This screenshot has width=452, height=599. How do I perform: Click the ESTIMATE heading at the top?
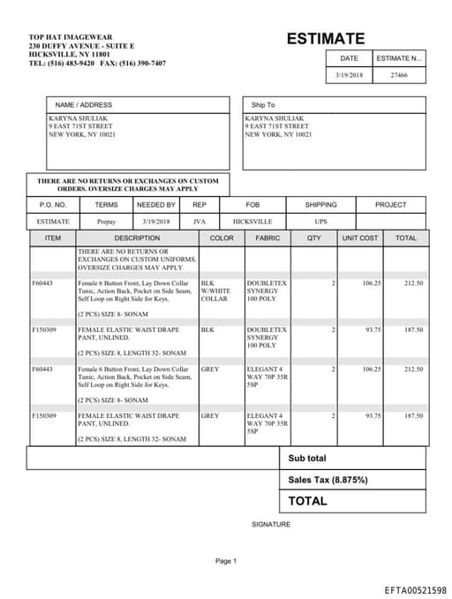(x=325, y=39)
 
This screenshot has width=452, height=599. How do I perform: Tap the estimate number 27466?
(x=399, y=76)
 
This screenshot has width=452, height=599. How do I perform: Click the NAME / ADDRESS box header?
(x=84, y=105)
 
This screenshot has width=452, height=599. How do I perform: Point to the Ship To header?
(x=263, y=105)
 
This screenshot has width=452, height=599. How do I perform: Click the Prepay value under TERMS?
(x=106, y=222)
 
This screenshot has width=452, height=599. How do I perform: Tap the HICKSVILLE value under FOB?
(x=252, y=222)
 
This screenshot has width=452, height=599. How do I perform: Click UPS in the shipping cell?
(x=320, y=222)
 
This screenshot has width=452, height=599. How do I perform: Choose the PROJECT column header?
(x=390, y=205)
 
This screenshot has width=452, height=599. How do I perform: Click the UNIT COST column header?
(x=360, y=239)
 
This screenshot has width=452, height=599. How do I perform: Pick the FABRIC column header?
(x=267, y=239)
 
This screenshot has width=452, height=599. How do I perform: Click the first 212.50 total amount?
(x=413, y=284)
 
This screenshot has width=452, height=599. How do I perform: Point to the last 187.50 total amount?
(x=413, y=415)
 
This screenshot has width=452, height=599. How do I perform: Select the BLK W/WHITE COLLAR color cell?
(x=215, y=291)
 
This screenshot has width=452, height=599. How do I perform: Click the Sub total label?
(x=306, y=459)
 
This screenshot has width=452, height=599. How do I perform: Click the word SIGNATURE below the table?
(x=270, y=524)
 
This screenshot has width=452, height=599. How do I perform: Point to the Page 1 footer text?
(x=226, y=561)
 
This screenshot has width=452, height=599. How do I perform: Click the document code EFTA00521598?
(x=415, y=589)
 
